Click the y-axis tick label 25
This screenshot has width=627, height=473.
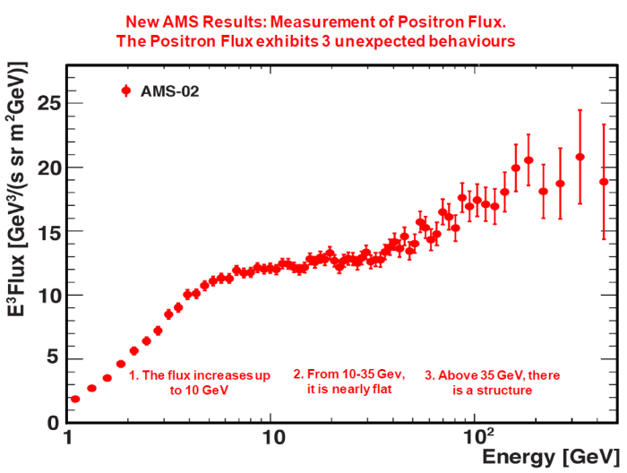(x=45, y=104)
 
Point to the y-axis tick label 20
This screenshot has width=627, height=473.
(x=45, y=168)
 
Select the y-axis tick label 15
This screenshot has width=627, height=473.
(x=45, y=232)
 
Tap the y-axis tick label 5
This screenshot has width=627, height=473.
(x=51, y=358)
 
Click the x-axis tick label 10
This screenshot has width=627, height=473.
(x=272, y=439)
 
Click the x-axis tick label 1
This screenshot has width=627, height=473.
(x=68, y=439)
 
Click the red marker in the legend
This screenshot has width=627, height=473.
(x=126, y=90)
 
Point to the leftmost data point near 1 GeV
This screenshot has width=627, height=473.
(x=75, y=399)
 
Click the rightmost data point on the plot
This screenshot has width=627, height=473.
(x=604, y=182)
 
